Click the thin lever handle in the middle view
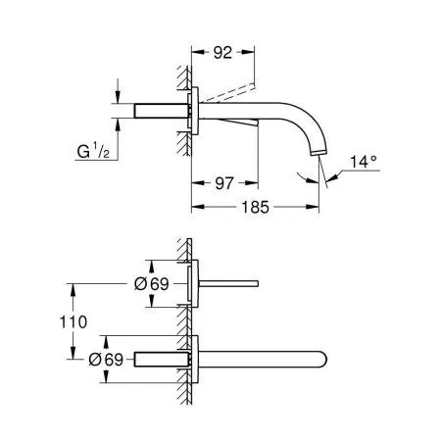pyautogui.click(x=231, y=283)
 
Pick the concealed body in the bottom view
pyautogui.click(x=157, y=359)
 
